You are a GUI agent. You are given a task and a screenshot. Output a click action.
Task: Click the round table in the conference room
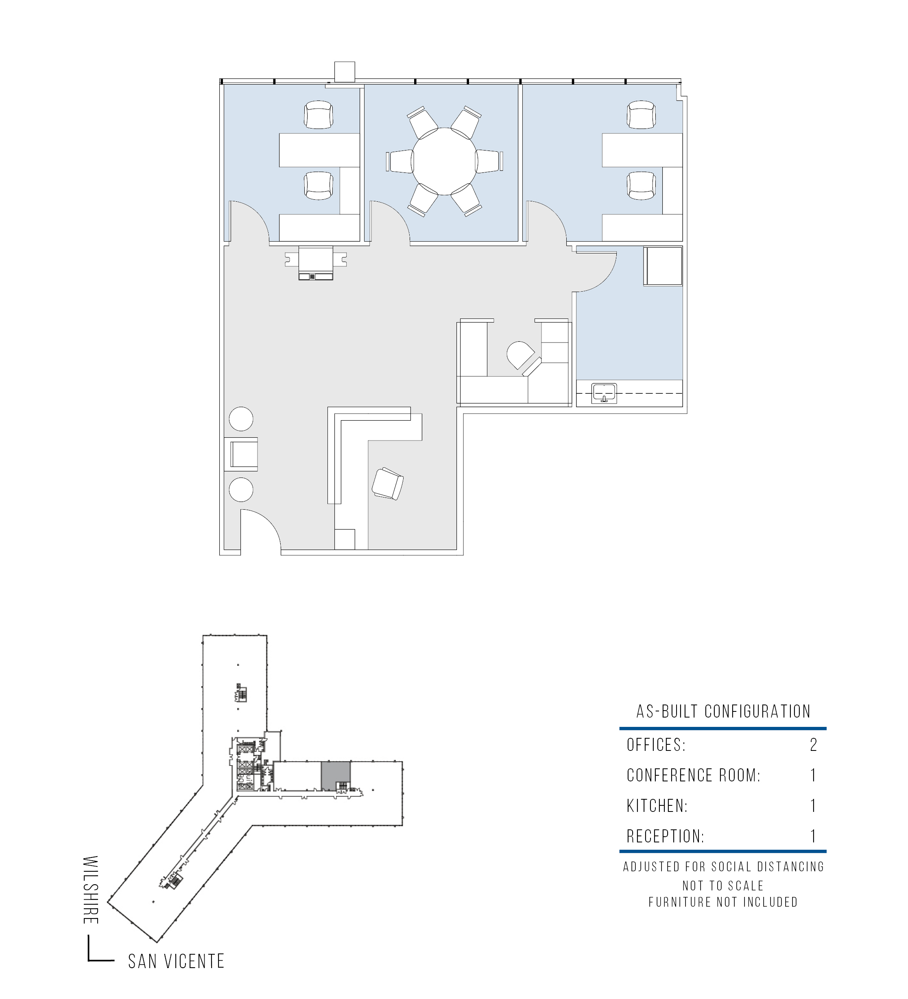pos(445,161)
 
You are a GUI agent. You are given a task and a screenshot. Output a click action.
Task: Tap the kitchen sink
pos(604,393)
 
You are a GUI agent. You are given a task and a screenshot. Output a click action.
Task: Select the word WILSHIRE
pos(91,890)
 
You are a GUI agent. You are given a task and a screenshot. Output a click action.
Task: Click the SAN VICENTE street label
pos(176,961)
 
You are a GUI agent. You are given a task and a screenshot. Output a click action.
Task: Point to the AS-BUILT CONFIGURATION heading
pos(724,711)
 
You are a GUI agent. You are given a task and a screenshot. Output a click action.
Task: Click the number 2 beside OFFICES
pos(813,745)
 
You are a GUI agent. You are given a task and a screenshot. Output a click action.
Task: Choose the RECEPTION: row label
pos(666,836)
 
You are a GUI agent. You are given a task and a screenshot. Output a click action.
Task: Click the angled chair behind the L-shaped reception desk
pos(388,484)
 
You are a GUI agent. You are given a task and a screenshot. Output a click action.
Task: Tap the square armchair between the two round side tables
pos(243,454)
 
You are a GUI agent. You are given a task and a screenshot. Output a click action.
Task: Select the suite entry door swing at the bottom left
pos(261,529)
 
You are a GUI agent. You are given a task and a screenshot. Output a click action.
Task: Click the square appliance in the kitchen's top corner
pos(663,266)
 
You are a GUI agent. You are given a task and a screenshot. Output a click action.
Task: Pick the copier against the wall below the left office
pos(316,263)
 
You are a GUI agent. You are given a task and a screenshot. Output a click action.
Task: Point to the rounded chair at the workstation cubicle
pos(520,355)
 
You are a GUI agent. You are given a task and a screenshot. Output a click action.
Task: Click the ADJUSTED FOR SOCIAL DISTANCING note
pos(724,867)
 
